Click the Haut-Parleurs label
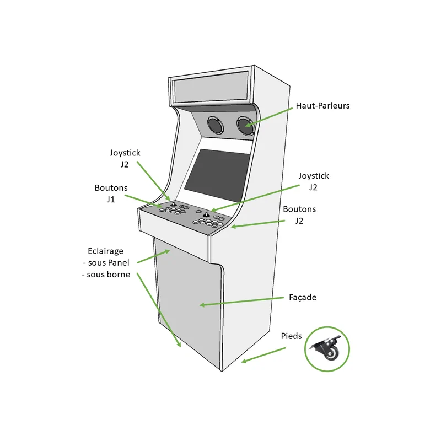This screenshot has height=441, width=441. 322,105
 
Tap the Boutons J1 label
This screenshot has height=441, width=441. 111,193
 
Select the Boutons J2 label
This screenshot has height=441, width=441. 299,215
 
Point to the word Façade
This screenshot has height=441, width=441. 303,297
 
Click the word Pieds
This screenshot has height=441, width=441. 291,336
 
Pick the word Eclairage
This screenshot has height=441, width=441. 105,251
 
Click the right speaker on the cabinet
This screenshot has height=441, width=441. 245,125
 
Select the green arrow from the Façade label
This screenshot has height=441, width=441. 243,302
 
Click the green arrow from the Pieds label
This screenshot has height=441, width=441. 263,355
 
